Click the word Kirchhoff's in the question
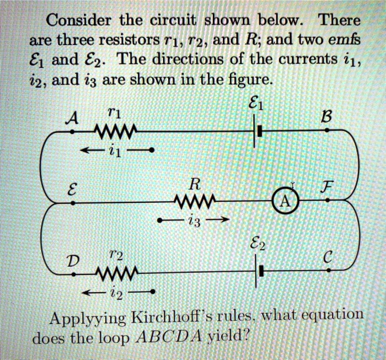click(x=176, y=318)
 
